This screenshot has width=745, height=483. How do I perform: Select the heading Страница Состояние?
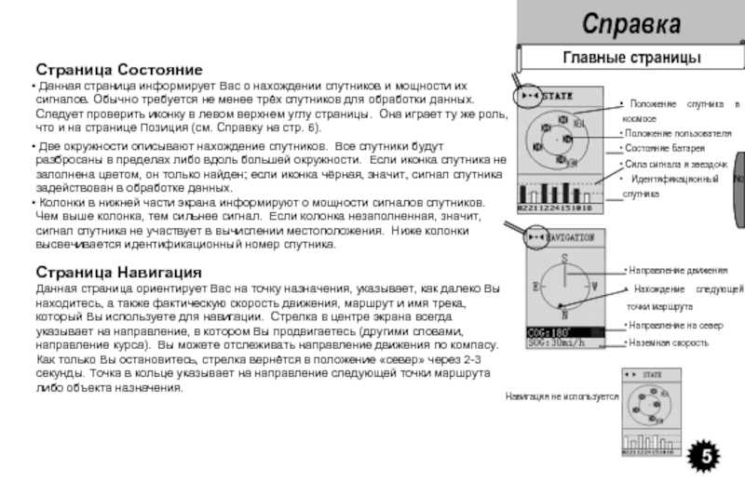[119, 69]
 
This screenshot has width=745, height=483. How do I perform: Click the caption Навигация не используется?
[562, 396]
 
